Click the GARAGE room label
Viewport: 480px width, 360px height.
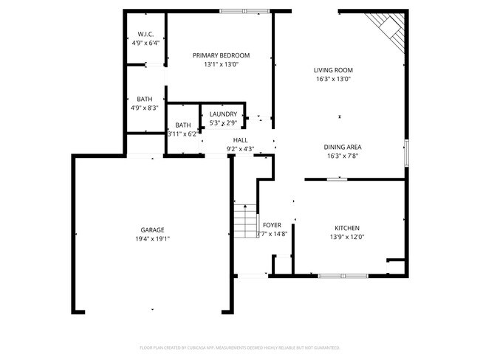pyautogui.click(x=153, y=229)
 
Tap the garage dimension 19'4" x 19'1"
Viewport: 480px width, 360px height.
pyautogui.click(x=153, y=239)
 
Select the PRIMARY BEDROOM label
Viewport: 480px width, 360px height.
pyautogui.click(x=221, y=55)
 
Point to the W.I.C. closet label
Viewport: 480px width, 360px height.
pyautogui.click(x=145, y=34)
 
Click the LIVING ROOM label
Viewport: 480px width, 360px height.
pyautogui.click(x=332, y=69)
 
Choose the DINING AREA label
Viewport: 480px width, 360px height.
pyautogui.click(x=343, y=147)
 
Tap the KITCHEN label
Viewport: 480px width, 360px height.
pyautogui.click(x=346, y=228)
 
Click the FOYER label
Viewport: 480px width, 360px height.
pyautogui.click(x=271, y=225)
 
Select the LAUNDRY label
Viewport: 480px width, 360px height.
pyautogui.click(x=223, y=114)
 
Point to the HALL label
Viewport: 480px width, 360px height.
pyautogui.click(x=240, y=139)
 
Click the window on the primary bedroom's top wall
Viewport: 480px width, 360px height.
pyautogui.click(x=244, y=11)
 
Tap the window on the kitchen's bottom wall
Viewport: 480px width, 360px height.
pyautogui.click(x=343, y=276)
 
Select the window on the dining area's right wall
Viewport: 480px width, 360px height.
pyautogui.click(x=405, y=151)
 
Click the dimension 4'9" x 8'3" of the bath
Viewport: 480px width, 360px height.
pyautogui.click(x=145, y=108)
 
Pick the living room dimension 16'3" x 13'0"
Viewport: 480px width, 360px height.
pyautogui.click(x=332, y=79)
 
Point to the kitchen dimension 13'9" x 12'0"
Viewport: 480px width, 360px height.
pyautogui.click(x=346, y=237)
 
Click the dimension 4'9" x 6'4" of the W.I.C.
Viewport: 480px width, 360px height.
pyautogui.click(x=145, y=44)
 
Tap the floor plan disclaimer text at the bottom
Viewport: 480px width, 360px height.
pyautogui.click(x=239, y=347)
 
